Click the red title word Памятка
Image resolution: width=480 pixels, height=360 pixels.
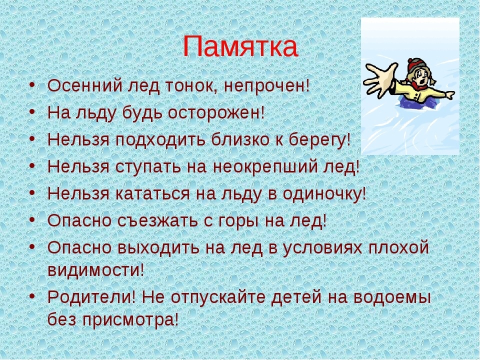239,47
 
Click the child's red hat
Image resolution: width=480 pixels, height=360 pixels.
414,65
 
